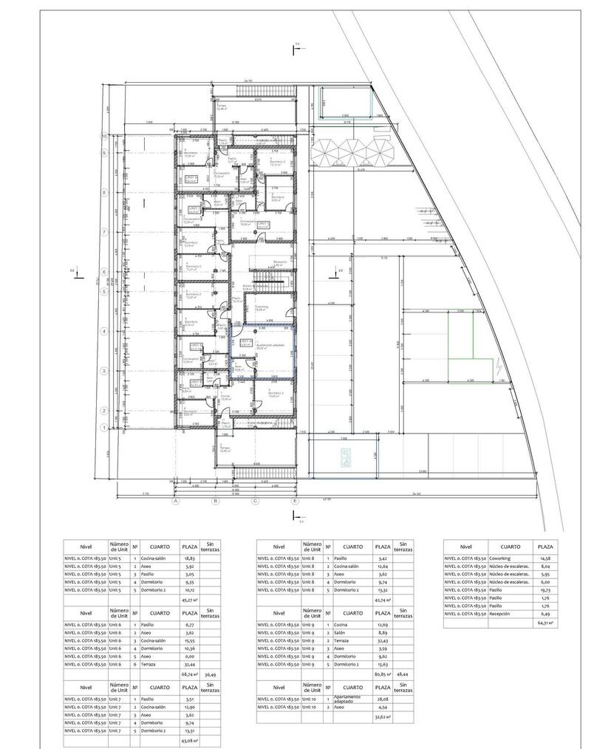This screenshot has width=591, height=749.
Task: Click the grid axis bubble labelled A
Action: click(176, 500)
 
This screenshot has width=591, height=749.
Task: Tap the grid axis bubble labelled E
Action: click(295, 500)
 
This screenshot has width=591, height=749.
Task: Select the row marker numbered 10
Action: click(105, 136)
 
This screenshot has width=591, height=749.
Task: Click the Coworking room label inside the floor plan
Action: click(261, 307)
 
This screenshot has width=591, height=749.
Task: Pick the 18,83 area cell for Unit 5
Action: click(189, 559)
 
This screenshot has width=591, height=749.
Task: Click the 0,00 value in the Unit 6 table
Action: click(189, 654)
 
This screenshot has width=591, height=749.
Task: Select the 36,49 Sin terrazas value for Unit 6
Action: click(211, 674)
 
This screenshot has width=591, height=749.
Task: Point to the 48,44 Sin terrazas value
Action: click(403, 674)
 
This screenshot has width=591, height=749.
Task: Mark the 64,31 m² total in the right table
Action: click(546, 623)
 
